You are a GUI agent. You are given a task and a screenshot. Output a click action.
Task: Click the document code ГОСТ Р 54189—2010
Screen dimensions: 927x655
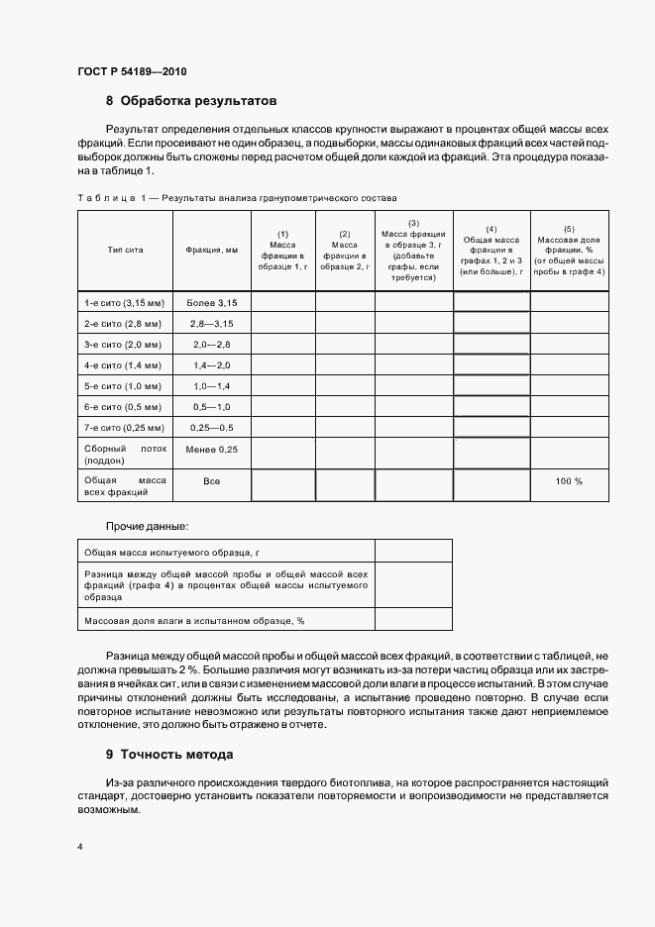point(132,72)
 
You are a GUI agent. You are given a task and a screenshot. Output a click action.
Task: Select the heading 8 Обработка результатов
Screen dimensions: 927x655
point(191,101)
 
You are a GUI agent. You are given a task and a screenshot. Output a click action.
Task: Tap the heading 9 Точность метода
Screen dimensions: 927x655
point(169,754)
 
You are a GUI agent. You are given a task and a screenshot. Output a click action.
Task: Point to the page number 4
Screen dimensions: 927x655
point(79,848)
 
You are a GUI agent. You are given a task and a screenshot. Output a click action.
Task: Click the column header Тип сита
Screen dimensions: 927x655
point(125,251)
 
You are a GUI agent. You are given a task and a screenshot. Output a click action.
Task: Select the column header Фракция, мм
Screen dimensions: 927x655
point(211,251)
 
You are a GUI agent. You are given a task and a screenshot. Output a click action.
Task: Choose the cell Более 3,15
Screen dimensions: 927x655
point(211,300)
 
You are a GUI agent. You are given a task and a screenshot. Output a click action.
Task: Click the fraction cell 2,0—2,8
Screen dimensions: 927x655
point(211,344)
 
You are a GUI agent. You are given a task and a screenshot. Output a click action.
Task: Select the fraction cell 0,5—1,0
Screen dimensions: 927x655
point(211,407)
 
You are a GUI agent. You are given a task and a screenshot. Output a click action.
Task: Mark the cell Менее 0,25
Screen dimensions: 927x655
point(211,450)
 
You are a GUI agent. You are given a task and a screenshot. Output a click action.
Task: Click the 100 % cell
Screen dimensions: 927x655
point(569,480)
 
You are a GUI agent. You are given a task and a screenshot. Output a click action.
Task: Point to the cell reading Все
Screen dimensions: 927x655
point(211,480)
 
